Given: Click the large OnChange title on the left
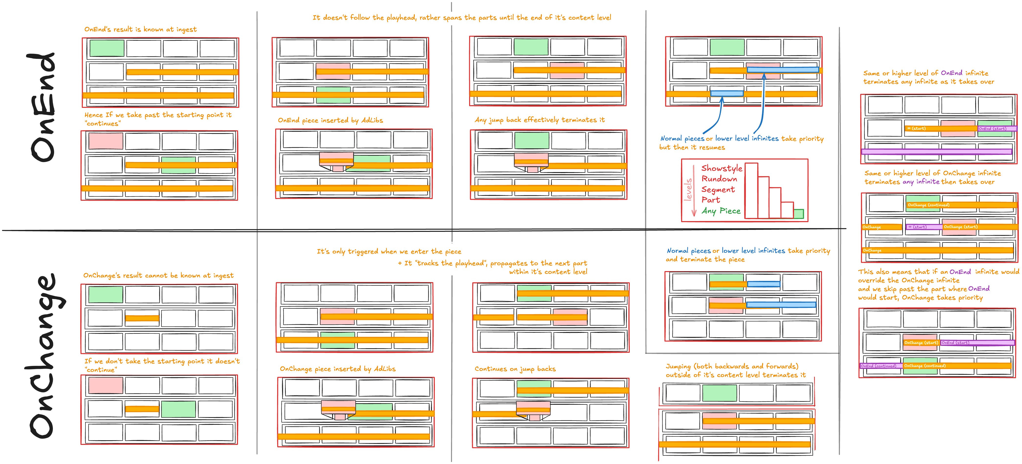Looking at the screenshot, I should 44,356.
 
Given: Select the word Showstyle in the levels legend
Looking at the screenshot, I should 721,168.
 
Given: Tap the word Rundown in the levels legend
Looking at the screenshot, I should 719,179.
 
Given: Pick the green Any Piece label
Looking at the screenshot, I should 721,211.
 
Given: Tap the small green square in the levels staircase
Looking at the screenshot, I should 798,214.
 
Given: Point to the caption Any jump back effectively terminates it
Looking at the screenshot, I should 540,120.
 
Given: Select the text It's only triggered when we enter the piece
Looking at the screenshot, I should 389,251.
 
